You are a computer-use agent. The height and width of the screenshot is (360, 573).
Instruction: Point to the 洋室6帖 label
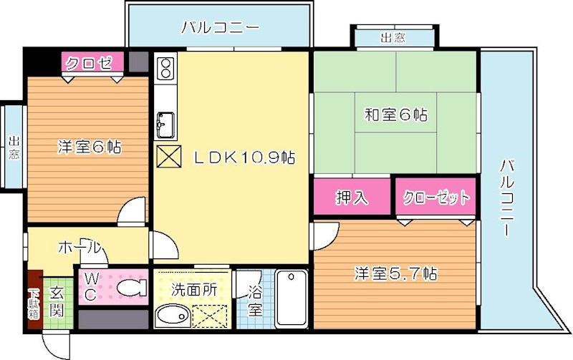point(89,147)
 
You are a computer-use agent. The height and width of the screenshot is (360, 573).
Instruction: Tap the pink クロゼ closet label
point(90,63)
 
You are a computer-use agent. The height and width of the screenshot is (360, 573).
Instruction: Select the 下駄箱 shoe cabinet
point(34,301)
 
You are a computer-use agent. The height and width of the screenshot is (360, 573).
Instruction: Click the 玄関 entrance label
point(57,301)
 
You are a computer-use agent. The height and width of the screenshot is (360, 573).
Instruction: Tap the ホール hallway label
point(78,247)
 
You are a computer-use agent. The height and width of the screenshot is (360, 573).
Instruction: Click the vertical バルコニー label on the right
point(506,200)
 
